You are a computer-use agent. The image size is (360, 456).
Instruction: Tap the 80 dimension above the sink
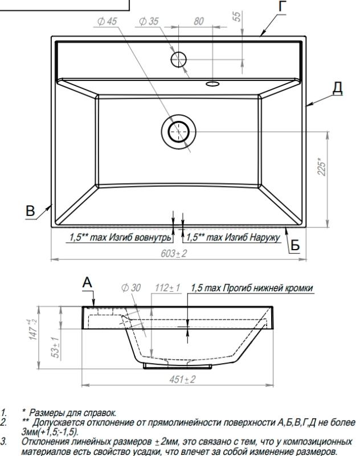point(198,22)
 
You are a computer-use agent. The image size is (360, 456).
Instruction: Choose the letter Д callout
point(338,89)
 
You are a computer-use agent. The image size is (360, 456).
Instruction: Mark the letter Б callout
point(295,243)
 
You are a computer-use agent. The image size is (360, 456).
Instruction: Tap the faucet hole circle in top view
point(179,58)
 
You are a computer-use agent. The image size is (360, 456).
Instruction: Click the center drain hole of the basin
point(178,132)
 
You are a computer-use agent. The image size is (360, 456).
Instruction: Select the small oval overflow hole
point(212,84)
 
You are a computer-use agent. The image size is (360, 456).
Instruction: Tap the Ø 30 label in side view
point(130,288)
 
